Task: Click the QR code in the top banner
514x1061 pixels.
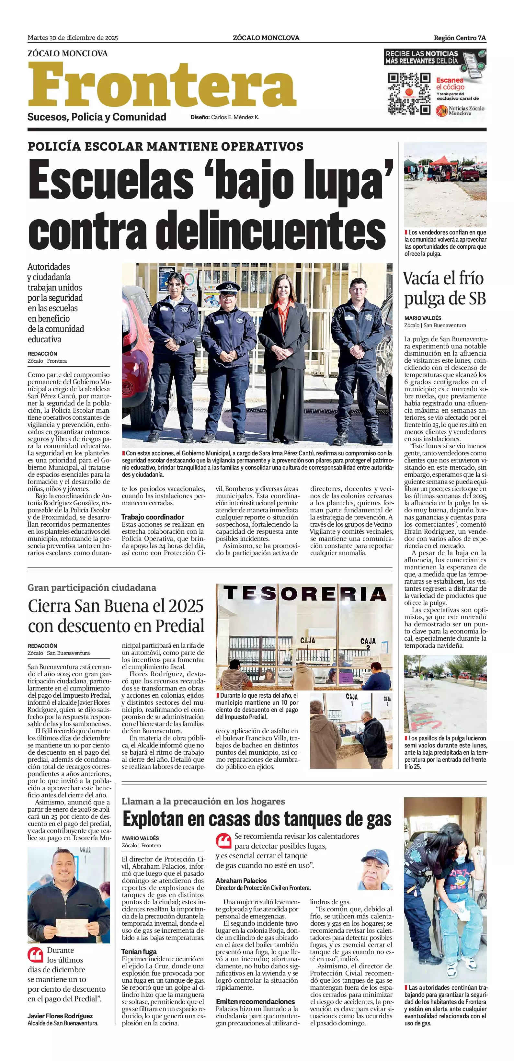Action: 409,94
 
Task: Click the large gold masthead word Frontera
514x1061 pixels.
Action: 162,85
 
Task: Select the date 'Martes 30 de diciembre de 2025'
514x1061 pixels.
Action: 73,38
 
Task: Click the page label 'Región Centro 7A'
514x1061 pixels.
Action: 460,38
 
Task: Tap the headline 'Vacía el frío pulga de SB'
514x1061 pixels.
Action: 444,288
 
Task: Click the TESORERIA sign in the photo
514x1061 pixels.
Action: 304,594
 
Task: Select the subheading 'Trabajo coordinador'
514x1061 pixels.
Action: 153,517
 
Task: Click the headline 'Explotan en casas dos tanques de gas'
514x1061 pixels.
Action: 257,818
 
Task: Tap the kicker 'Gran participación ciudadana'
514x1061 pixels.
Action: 91,588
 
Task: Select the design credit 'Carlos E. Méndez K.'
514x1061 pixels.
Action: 235,117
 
